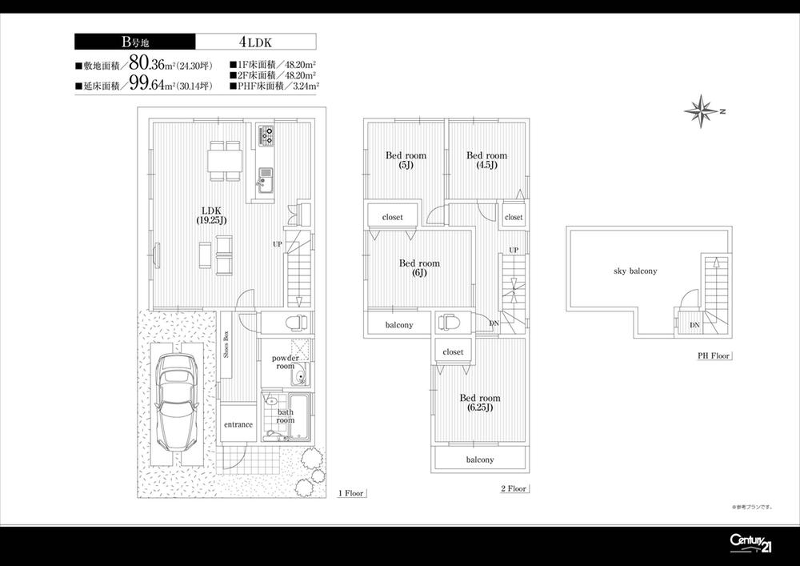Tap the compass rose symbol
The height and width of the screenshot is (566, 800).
(702, 110)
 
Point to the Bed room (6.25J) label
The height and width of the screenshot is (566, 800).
(479, 403)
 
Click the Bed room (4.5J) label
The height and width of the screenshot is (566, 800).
(486, 160)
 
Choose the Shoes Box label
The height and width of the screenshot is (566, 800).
(226, 346)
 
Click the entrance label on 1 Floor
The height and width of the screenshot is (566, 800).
(238, 425)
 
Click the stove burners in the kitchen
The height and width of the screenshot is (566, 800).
(266, 135)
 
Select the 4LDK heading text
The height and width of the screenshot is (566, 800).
(254, 42)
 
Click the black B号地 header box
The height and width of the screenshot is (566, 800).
(134, 42)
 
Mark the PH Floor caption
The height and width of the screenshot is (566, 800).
(713, 356)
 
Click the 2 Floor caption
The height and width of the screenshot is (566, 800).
(512, 488)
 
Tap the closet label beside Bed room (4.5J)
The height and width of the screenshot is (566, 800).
(514, 217)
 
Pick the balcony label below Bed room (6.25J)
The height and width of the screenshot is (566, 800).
(480, 460)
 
